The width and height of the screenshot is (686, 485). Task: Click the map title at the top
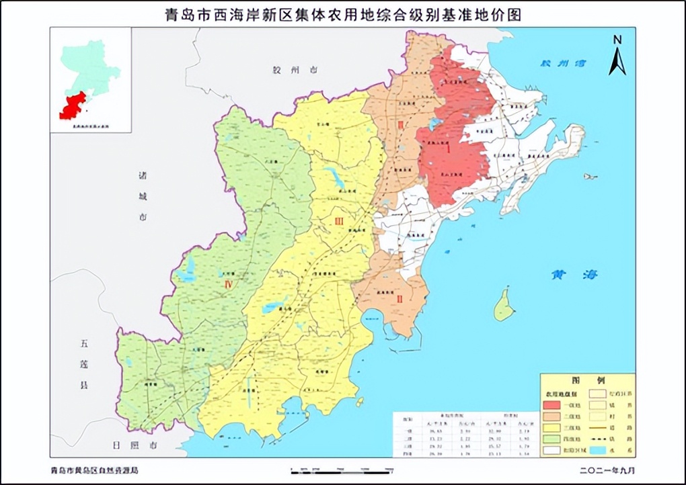coord(343,14)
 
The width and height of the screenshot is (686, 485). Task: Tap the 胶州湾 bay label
coord(564,64)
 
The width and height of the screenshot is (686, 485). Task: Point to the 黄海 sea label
coord(574,274)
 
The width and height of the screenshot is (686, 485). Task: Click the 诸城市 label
coord(143,196)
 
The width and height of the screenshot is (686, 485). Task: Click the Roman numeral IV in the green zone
coord(228,285)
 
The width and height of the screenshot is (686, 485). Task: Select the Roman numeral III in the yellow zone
coord(340,221)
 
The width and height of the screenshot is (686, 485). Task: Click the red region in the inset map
coord(73,106)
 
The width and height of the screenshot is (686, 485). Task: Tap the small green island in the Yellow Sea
coord(504,307)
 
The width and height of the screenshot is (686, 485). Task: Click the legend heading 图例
coord(588,380)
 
